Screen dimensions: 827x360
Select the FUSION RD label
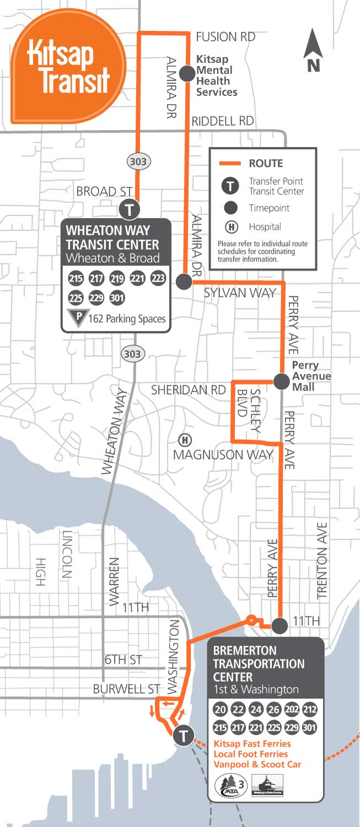coord(225,37)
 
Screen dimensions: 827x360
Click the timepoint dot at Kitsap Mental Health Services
coord(187,72)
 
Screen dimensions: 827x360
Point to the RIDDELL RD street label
coord(222,121)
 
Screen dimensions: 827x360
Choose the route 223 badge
coord(158,278)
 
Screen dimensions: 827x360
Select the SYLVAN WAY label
coord(239,293)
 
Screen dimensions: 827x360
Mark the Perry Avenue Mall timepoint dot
coord(281,380)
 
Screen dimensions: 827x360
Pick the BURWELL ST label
coord(126,689)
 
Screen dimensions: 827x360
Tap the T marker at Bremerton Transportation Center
coord(183,735)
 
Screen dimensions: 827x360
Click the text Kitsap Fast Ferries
coord(251,744)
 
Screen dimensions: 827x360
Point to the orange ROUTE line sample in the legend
coord(230,163)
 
